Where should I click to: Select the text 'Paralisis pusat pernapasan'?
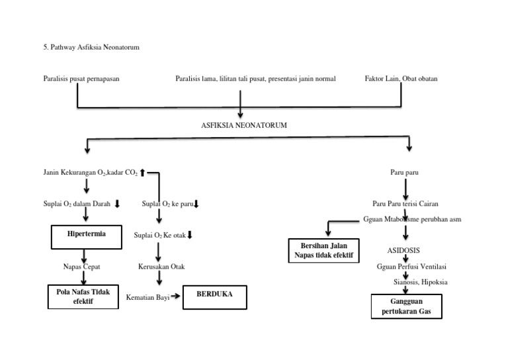[81, 79]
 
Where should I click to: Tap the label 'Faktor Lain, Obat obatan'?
[401, 79]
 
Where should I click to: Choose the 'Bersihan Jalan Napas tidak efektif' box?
[323, 251]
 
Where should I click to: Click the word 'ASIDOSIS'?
[403, 251]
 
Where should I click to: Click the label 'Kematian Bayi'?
[147, 297]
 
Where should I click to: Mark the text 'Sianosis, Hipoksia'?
[420, 282]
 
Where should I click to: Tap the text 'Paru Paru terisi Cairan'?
[404, 204]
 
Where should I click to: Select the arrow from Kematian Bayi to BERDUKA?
[175, 297]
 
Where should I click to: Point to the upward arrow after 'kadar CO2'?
[142, 173]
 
